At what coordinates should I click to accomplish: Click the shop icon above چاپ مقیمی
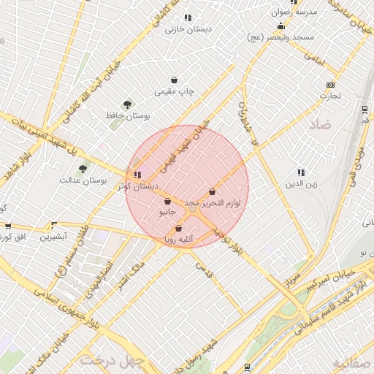point(174,80)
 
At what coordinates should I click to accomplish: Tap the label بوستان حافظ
point(128,116)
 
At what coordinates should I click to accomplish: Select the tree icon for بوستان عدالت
point(83,168)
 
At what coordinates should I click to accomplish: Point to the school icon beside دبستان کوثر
point(137,175)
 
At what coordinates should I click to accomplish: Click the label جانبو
point(167,213)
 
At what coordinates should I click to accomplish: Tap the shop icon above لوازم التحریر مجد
point(212,191)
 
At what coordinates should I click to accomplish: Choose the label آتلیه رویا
point(178,239)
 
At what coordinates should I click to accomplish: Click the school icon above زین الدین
point(301,172)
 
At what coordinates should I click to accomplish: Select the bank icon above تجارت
point(329,85)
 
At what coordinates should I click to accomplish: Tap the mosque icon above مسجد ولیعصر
point(280,26)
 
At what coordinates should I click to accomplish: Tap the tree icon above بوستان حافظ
point(128,105)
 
